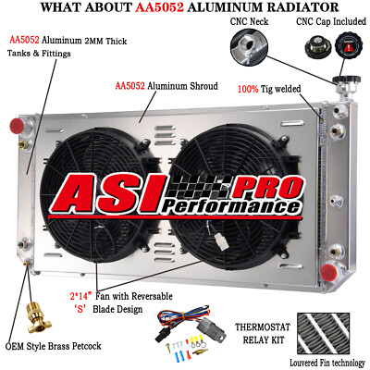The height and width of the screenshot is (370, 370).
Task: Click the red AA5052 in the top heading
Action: (x=159, y=7)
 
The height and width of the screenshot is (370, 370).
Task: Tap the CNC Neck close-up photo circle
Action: (x=249, y=46)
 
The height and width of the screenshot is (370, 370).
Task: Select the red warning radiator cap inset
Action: (x=348, y=48)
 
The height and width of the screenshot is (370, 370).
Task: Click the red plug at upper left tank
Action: (x=18, y=126)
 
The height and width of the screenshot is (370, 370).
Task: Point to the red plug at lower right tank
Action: (x=328, y=272)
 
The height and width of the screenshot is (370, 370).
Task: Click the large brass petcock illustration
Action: (x=34, y=317)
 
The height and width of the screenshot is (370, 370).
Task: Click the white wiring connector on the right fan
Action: (x=222, y=242)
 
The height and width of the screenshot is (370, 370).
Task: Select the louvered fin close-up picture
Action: (x=323, y=334)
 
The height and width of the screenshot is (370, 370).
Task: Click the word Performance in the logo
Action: (x=231, y=207)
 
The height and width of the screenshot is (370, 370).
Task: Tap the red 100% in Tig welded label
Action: (x=248, y=89)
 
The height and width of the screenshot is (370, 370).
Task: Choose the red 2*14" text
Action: (x=81, y=296)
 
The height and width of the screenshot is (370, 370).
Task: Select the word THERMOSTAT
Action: (x=263, y=327)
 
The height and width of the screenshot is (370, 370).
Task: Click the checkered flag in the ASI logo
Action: (x=200, y=187)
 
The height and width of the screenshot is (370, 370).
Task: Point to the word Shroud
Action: (x=204, y=86)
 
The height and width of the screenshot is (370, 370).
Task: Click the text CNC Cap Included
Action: (x=331, y=21)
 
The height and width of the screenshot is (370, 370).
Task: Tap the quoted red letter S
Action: (x=80, y=309)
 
